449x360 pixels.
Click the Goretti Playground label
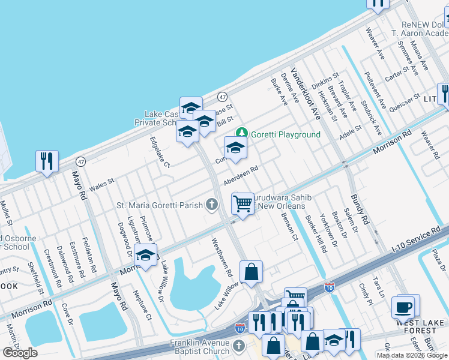(x=286, y=134)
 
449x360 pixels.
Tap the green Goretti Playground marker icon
(x=242, y=132)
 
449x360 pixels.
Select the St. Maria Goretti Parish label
(x=160, y=205)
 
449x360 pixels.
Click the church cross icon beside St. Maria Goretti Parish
(x=211, y=205)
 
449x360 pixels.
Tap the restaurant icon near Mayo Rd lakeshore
(x=47, y=160)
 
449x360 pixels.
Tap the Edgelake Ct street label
(x=160, y=152)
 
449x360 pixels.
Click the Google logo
(x=20, y=352)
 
